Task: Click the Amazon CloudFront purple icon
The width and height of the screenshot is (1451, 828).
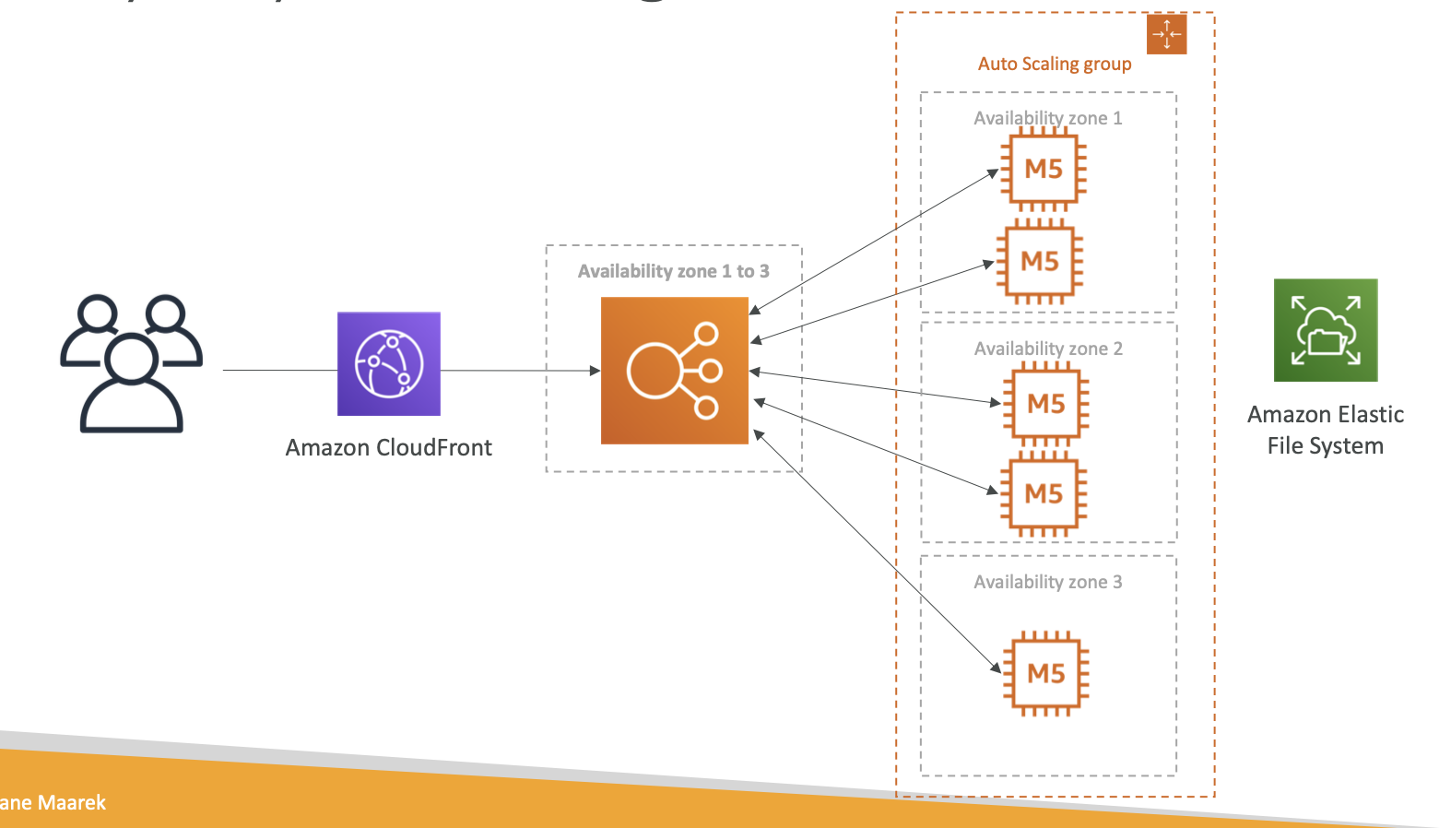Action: [388, 363]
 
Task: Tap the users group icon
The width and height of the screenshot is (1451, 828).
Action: [131, 363]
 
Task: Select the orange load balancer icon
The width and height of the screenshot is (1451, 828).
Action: [674, 371]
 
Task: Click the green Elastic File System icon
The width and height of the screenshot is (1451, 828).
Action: [1325, 330]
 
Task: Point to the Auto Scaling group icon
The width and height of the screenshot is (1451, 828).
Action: [1166, 34]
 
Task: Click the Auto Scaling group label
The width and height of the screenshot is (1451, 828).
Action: [1054, 64]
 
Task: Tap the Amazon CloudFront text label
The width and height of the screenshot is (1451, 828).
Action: [388, 448]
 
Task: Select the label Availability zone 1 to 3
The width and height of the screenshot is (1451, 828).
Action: [673, 271]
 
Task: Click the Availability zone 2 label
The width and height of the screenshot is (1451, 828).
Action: [1048, 349]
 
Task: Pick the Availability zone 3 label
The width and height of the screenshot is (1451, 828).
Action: [1048, 582]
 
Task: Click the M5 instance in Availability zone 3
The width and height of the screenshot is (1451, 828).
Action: [1045, 673]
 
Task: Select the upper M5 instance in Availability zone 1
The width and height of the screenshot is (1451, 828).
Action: [1044, 169]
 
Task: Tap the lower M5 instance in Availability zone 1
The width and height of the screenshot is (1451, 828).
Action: [1039, 262]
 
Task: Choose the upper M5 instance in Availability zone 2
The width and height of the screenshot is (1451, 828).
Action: [1045, 404]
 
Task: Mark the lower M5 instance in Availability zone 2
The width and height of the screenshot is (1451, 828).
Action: [1044, 494]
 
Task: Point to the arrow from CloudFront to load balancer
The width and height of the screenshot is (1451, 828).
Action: [521, 371]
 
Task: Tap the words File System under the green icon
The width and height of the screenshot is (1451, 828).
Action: [1325, 446]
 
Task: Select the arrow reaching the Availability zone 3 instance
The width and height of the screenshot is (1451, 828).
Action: [876, 550]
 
